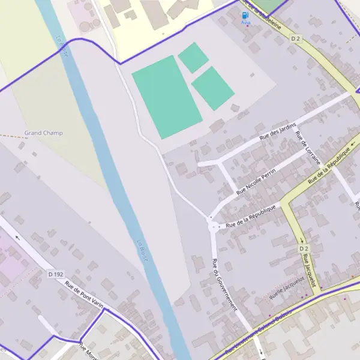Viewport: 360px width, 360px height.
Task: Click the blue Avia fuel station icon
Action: tap(245, 15)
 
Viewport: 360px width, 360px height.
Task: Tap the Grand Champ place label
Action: tap(43, 133)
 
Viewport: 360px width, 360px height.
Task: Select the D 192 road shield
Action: tap(55, 274)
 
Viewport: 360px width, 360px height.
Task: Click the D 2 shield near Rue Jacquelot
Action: tap(303, 248)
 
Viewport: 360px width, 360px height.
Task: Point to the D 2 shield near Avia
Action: tap(295, 38)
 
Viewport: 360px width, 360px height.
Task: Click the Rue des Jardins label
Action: tap(278, 130)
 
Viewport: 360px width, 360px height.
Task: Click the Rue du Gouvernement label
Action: tap(224, 284)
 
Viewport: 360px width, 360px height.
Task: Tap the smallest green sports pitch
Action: tap(193, 58)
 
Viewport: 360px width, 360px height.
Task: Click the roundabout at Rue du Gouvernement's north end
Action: tap(213, 226)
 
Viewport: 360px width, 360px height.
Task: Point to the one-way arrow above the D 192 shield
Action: tap(17, 236)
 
